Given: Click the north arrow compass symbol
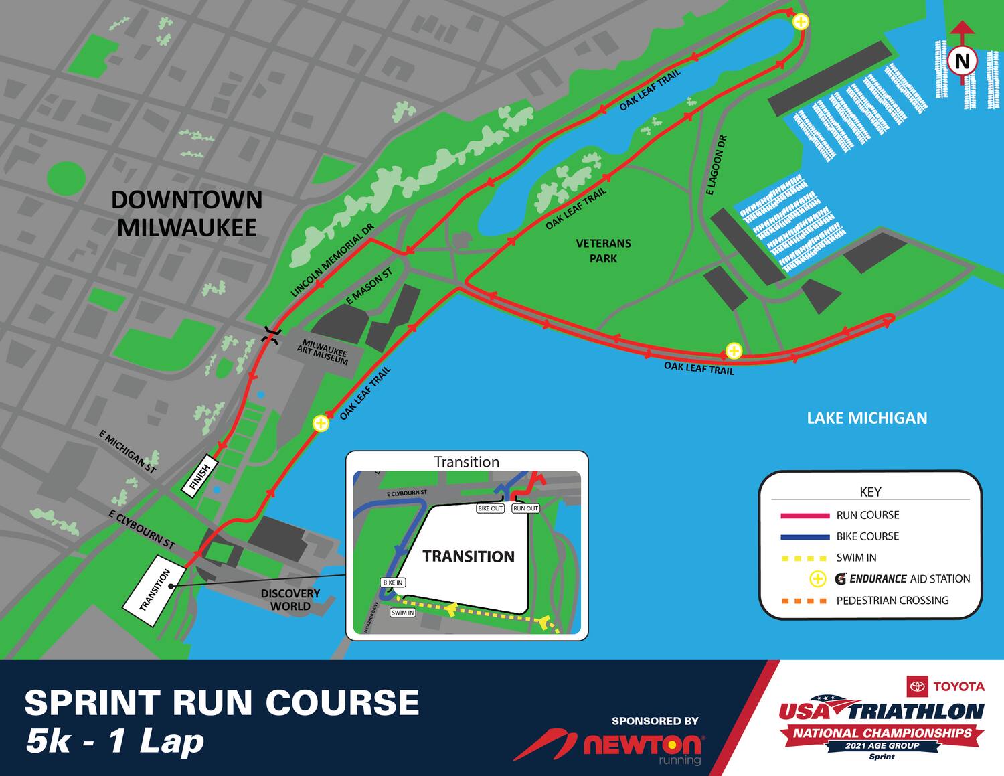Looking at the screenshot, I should (x=962, y=60).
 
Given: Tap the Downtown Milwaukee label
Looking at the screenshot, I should (x=187, y=214).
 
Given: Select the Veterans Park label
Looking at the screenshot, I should (x=603, y=251).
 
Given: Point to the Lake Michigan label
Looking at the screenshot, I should (x=867, y=418).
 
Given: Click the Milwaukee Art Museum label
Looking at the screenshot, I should (x=323, y=352).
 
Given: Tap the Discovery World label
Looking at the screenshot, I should (x=290, y=600).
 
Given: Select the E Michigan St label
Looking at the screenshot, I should (x=127, y=453).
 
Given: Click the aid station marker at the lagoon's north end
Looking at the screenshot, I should (x=801, y=22).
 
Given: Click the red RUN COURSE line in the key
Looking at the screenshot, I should (x=805, y=516).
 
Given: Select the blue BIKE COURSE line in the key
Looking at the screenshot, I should (x=805, y=537).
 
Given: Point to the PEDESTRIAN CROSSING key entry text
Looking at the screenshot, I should (x=892, y=601).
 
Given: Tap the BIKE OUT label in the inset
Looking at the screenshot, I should (x=490, y=509).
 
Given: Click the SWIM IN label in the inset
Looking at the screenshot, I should (x=402, y=613).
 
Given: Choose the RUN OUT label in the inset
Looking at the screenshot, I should (x=525, y=509).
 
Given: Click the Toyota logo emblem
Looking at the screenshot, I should (x=917, y=686).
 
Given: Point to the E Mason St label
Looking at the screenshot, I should (x=369, y=288).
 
